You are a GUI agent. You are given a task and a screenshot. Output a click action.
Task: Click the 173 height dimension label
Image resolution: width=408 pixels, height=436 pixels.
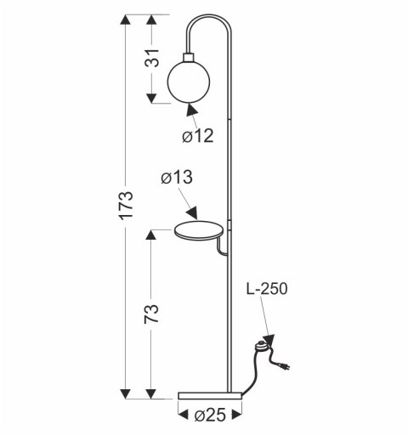(125, 207)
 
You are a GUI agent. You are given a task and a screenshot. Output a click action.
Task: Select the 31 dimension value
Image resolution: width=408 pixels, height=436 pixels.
(150, 59)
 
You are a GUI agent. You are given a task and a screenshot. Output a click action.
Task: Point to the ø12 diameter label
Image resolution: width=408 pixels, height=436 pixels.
(197, 135)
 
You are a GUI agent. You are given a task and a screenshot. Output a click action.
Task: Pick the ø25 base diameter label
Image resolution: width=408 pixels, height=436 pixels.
(210, 416)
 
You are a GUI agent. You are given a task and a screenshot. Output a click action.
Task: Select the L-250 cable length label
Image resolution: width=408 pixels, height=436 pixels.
(265, 289)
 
